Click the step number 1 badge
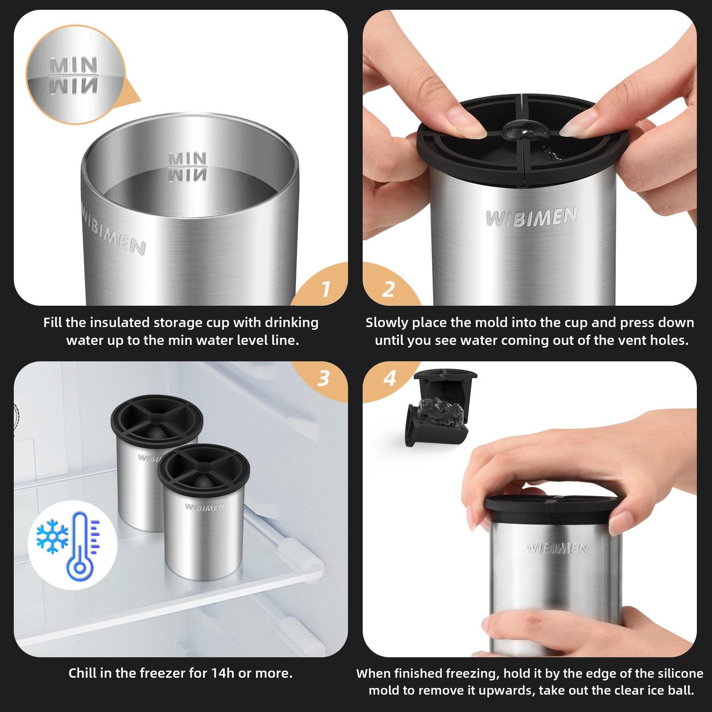coord(326,289)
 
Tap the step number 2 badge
coord(388,289)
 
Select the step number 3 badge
coord(324,378)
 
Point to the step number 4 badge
coord(389,378)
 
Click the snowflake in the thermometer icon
coord(52,535)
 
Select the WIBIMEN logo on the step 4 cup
coord(557,548)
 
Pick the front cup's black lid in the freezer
coord(204,467)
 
